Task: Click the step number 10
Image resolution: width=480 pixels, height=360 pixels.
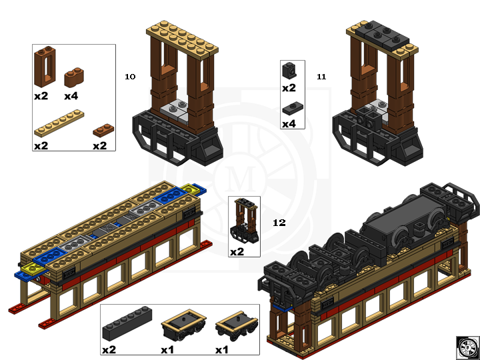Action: coord(130,77)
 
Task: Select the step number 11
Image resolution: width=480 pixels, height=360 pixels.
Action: coord(321,77)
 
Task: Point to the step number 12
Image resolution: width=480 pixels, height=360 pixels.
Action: coord(279,223)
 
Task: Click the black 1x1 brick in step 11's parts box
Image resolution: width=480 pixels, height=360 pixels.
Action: coord(289,70)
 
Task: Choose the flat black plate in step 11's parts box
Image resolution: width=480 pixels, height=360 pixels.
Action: coord(289,108)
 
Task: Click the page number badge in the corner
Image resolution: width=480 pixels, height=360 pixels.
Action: coord(467,347)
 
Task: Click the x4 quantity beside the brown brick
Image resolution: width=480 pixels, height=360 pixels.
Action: coord(71,95)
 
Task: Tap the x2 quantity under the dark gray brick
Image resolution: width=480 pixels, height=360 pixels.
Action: coord(109,349)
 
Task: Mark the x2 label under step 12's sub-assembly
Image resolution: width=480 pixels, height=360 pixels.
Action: coord(237,252)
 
